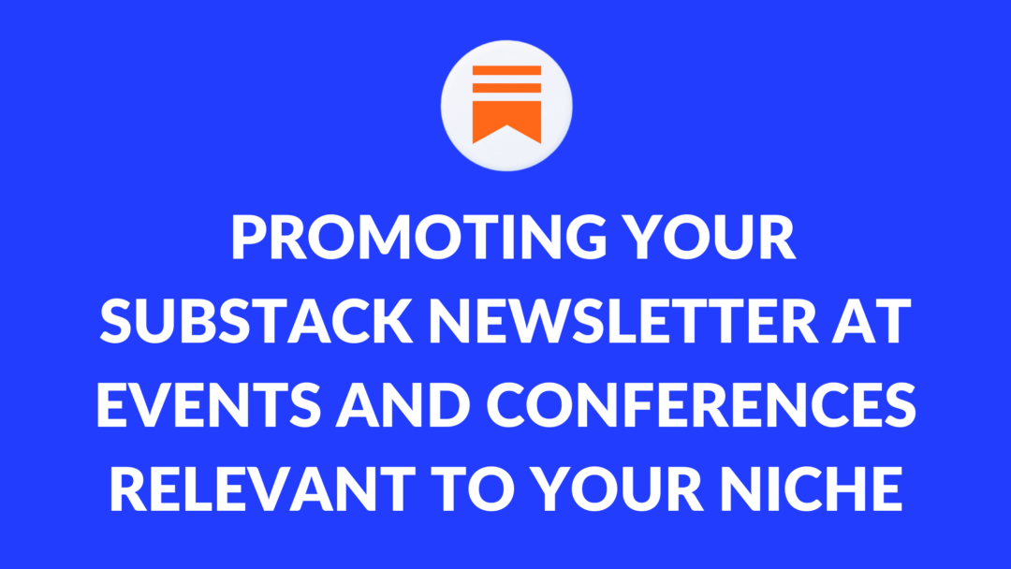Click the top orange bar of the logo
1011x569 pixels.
coord(506,71)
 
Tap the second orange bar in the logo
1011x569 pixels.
coord(506,88)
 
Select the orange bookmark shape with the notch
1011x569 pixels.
coord(506,120)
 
